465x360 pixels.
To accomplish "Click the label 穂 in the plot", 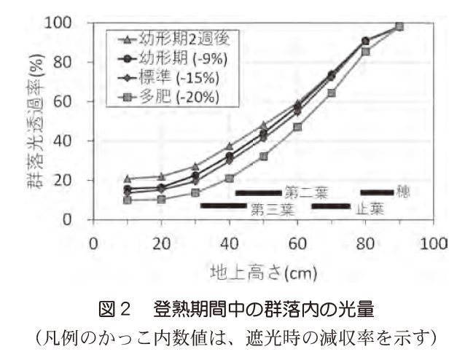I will pos(402,192).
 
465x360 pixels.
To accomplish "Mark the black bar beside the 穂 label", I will pos(377,192).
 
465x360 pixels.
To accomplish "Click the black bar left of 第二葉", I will pos(258,193).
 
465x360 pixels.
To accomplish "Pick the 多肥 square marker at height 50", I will pos(263,157).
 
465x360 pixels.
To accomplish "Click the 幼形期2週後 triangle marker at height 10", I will pos(127,179).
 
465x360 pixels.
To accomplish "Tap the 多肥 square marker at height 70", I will pos(332,93).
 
